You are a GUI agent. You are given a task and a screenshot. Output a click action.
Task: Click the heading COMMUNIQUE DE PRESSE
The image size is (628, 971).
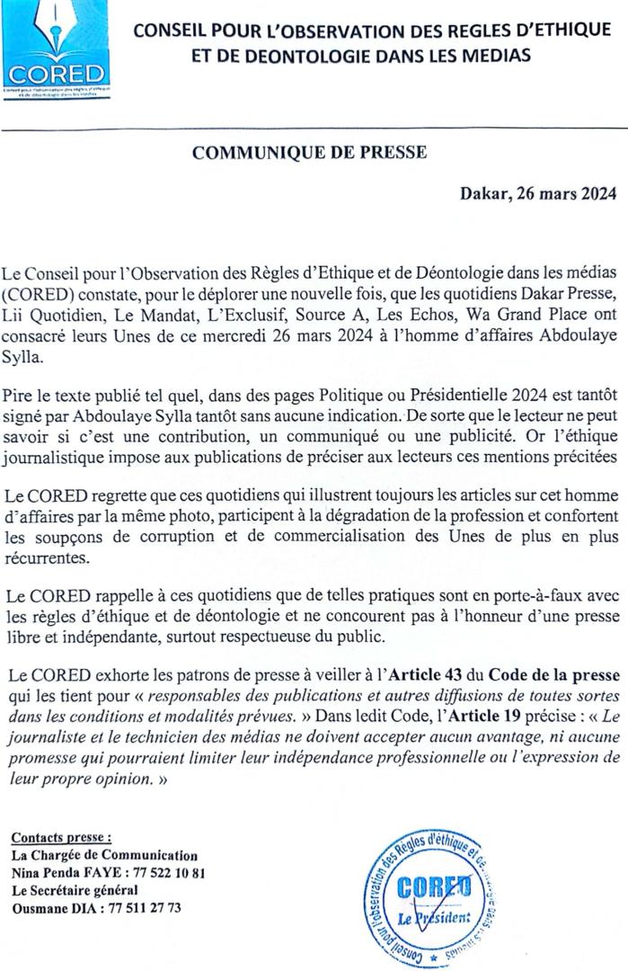coord(309,153)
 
